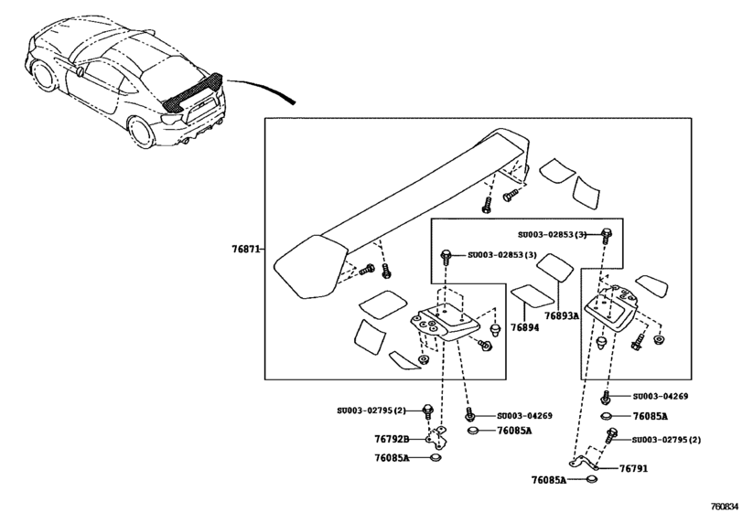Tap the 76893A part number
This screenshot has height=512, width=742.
(x=562, y=315)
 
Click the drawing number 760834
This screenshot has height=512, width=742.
(x=721, y=501)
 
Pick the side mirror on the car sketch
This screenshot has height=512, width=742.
(x=81, y=70)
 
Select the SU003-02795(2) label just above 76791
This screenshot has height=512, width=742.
(x=665, y=440)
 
